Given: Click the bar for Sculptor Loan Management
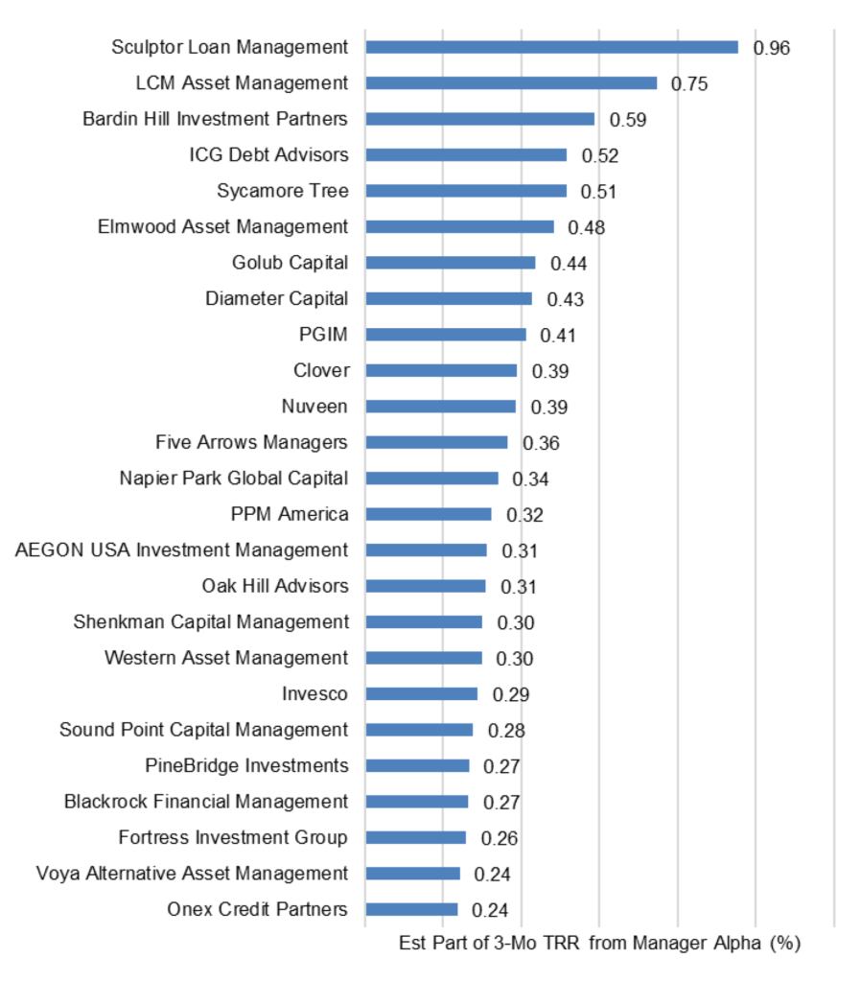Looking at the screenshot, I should (x=551, y=47).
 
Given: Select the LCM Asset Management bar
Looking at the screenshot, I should (x=511, y=83).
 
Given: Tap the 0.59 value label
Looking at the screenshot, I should (x=628, y=120).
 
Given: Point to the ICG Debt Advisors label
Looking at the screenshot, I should (x=268, y=154).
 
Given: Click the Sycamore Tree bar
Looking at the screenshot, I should (x=466, y=191).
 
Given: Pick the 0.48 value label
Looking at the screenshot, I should (x=587, y=227).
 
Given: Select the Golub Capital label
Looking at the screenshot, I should (x=290, y=263).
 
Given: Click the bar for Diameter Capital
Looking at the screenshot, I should (x=449, y=298).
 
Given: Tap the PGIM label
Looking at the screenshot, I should (x=323, y=335).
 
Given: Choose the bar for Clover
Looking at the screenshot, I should (x=441, y=370).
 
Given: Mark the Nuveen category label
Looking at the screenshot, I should (x=314, y=407).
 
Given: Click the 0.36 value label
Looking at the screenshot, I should (x=542, y=443).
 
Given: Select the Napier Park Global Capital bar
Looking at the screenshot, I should (x=431, y=479).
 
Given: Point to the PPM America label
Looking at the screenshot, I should (x=290, y=514).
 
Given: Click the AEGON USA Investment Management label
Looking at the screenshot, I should (x=182, y=550).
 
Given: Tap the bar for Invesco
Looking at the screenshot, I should (x=421, y=693).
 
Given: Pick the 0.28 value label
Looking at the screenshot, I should (x=506, y=731).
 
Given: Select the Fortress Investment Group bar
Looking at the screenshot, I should (x=415, y=837).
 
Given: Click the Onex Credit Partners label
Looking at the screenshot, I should (x=257, y=909).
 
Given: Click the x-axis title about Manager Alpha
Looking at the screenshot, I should (x=599, y=944).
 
